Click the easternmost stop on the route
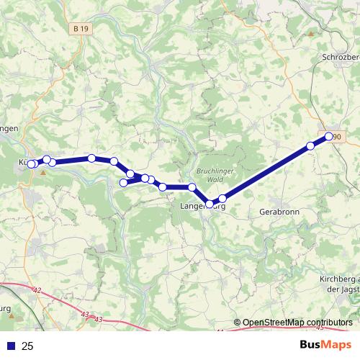329,136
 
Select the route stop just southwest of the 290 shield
310,146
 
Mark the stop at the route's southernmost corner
210,204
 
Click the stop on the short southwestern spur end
123,183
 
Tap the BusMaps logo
325,346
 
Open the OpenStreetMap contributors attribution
293,323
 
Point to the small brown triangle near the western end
43,172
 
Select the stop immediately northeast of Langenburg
222,198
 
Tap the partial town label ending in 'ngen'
9,127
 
